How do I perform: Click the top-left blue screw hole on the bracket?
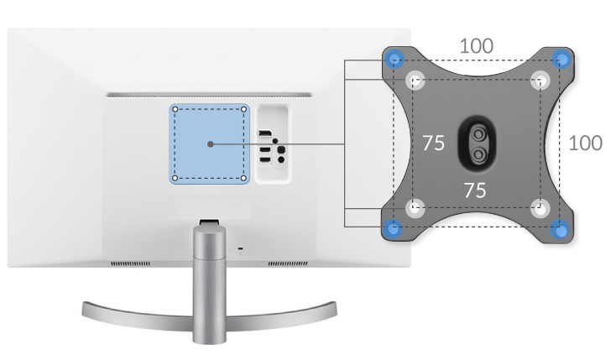(x=394, y=60)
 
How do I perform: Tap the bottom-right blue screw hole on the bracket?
(x=561, y=229)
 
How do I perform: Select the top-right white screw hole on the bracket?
(x=540, y=81)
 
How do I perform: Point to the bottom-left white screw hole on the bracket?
(x=415, y=208)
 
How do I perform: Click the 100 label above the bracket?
(x=476, y=46)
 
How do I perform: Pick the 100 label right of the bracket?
(x=585, y=143)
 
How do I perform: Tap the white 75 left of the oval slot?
(x=433, y=143)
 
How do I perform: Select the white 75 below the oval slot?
(x=475, y=190)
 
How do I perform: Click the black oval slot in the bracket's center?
(x=478, y=143)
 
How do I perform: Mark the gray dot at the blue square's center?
(x=210, y=144)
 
